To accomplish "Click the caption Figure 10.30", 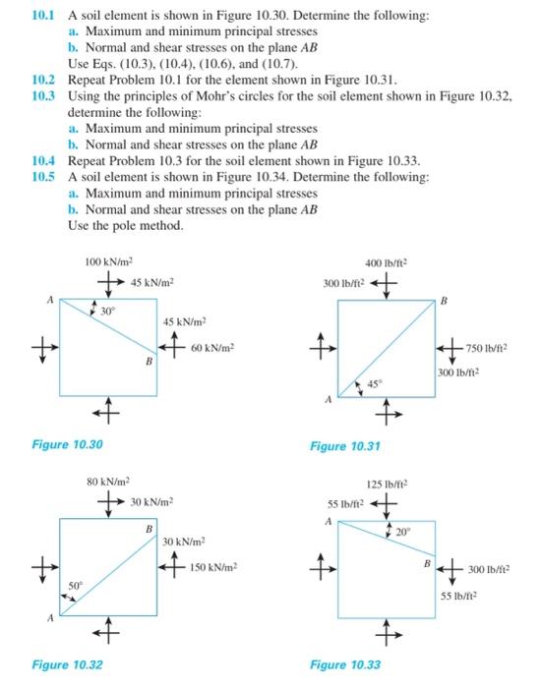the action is (67, 444).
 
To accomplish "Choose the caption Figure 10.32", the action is (67, 664).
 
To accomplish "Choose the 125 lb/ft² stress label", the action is (388, 484).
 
